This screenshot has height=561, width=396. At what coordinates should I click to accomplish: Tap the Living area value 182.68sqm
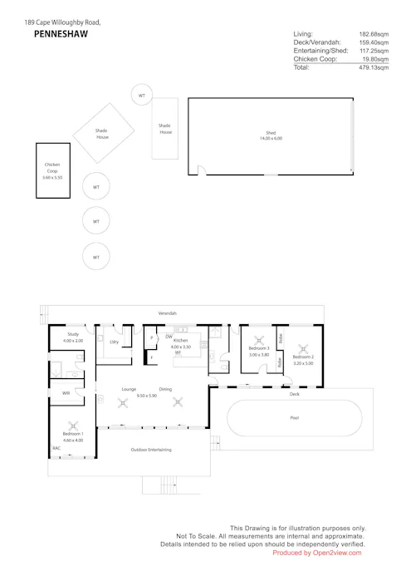click(x=373, y=34)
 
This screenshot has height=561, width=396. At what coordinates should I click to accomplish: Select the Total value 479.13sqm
click(x=373, y=67)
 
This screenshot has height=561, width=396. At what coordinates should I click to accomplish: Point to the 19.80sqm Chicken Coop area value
click(x=375, y=59)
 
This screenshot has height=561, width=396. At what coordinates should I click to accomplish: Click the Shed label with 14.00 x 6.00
click(x=270, y=135)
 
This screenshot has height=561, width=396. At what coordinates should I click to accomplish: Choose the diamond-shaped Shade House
click(x=102, y=133)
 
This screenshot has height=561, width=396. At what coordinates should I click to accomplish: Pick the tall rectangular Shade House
click(x=165, y=130)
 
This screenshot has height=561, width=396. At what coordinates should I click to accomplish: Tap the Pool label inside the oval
click(x=294, y=417)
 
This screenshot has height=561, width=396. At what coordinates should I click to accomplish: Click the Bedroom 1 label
click(x=72, y=436)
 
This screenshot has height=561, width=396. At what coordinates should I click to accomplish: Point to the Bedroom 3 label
click(x=259, y=348)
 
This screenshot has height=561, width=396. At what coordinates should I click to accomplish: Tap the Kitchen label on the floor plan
click(x=180, y=341)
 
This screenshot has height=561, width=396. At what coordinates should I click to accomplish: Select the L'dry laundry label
click(x=114, y=342)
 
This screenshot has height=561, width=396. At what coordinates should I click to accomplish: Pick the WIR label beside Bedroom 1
click(x=66, y=393)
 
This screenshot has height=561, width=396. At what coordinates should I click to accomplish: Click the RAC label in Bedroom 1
click(x=56, y=448)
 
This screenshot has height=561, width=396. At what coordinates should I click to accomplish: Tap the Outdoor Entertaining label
click(x=151, y=450)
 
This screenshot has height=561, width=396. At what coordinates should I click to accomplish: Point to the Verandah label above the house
click(x=168, y=313)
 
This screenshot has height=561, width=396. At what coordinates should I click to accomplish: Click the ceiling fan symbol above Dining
click(x=177, y=403)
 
